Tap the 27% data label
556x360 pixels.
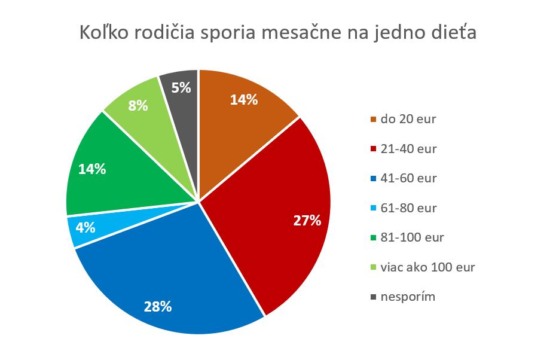click(307, 221)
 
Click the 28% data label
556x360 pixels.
click(158, 307)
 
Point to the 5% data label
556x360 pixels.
click(181, 88)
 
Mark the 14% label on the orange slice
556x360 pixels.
click(244, 99)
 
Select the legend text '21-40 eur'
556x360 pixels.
click(408, 149)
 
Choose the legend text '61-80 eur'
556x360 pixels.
click(408, 208)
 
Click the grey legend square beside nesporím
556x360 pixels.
click(374, 297)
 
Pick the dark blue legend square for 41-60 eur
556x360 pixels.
click(374, 179)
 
